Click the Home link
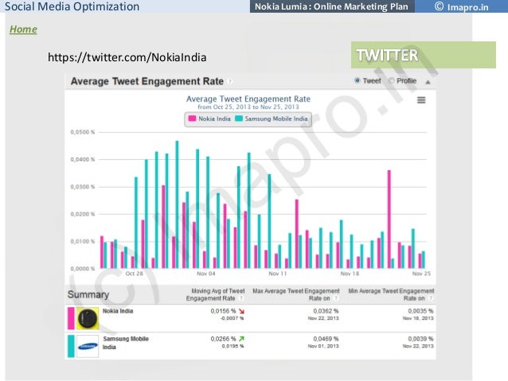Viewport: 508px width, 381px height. pyautogui.click(x=22, y=29)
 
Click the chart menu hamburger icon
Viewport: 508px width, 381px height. pyautogui.click(x=420, y=99)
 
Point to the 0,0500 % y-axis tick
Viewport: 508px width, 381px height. pyautogui.click(x=82, y=132)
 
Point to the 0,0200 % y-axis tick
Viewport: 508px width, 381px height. pyautogui.click(x=82, y=214)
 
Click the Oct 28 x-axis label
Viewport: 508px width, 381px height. pyautogui.click(x=135, y=273)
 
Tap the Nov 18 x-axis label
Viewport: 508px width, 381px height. pyautogui.click(x=350, y=273)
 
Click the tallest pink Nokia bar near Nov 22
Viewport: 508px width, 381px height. pyautogui.click(x=389, y=219)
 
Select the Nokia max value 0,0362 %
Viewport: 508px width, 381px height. pyautogui.click(x=325, y=311)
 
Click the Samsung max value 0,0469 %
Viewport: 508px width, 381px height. pyautogui.click(x=325, y=339)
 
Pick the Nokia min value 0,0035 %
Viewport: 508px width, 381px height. pyautogui.click(x=420, y=311)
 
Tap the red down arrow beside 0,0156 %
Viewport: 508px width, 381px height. pyautogui.click(x=241, y=311)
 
